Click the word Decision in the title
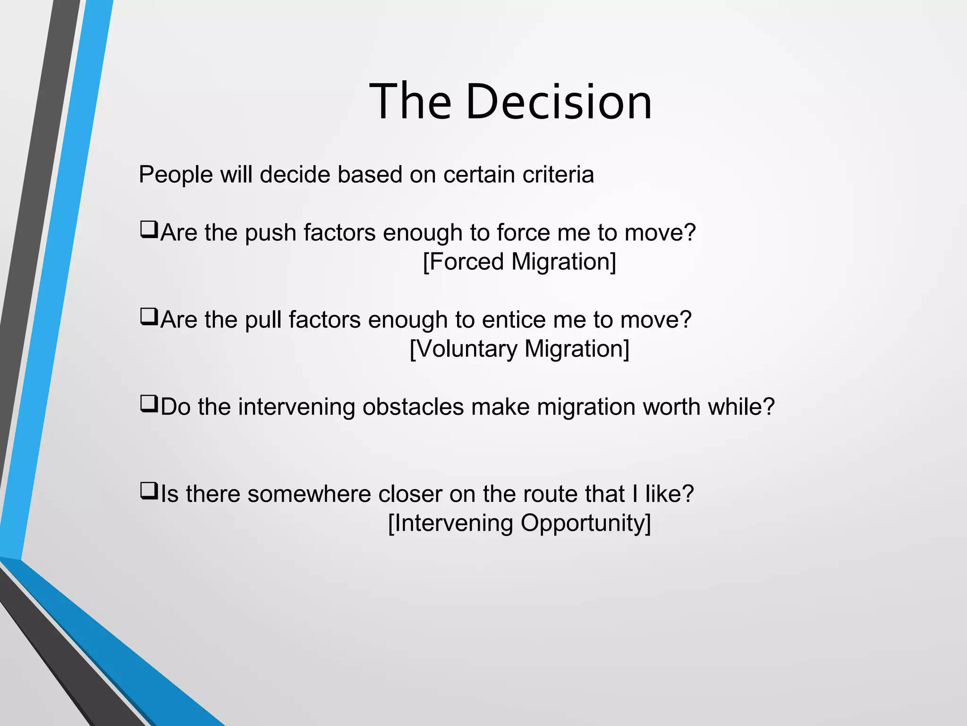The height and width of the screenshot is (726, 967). click(559, 102)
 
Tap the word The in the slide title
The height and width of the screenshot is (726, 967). click(410, 102)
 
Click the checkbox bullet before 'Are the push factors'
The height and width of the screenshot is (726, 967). click(149, 230)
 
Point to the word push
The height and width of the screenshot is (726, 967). click(270, 233)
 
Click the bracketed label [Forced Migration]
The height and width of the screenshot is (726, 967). click(519, 262)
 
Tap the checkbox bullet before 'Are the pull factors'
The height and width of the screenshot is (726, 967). click(149, 317)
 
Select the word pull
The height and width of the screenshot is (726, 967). click(263, 320)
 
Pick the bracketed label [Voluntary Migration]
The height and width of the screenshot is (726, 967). click(519, 349)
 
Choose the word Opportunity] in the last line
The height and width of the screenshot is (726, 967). click(585, 524)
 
